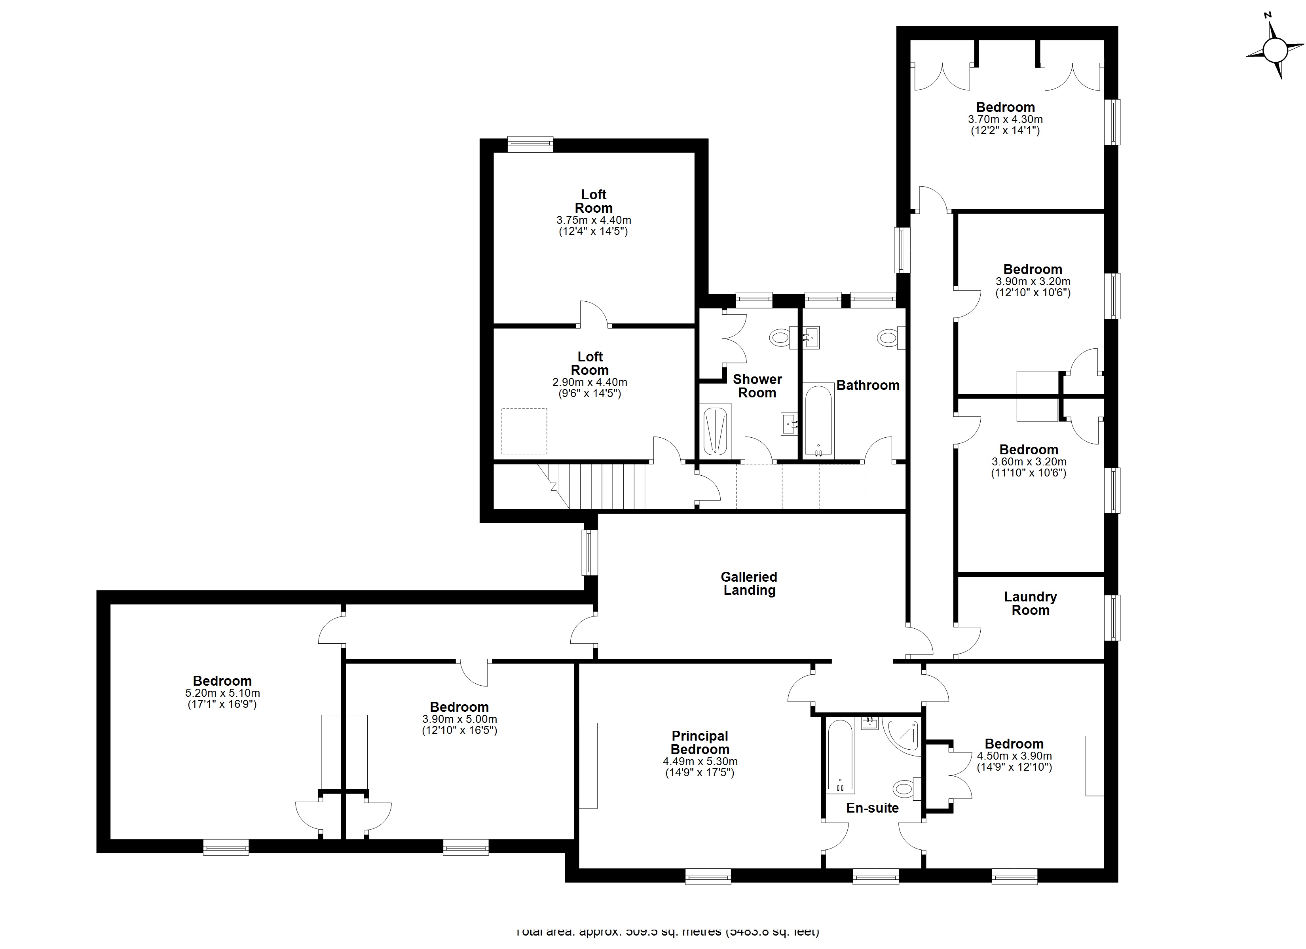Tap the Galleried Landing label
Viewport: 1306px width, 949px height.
(x=749, y=583)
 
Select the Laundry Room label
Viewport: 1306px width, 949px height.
(x=1030, y=603)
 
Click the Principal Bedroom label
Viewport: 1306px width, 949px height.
(x=700, y=743)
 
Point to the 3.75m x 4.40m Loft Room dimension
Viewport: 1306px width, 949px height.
(x=593, y=220)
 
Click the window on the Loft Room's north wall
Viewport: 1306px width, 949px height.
(x=530, y=144)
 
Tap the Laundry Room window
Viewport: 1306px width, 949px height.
(x=1115, y=618)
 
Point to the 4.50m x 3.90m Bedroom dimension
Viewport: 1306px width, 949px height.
(x=1014, y=756)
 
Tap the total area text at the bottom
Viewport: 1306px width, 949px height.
(x=668, y=931)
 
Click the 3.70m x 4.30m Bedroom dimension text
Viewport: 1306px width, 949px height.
(x=1005, y=120)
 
